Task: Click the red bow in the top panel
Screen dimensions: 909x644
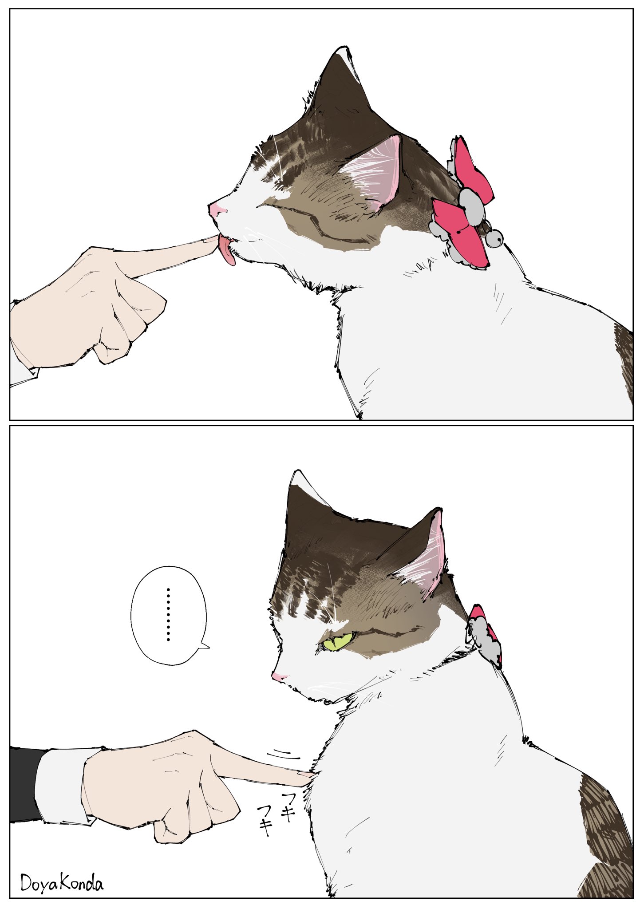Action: pyautogui.click(x=462, y=209)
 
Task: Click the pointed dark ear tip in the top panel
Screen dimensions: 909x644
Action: pyautogui.click(x=342, y=55)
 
